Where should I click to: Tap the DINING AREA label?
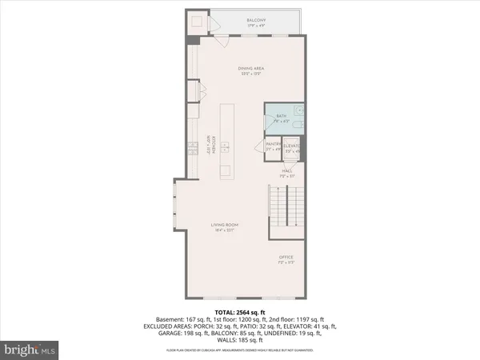coord(252,69)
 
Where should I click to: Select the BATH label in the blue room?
coord(281,116)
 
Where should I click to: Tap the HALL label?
coord(286,170)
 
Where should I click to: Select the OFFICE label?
coord(286,257)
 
